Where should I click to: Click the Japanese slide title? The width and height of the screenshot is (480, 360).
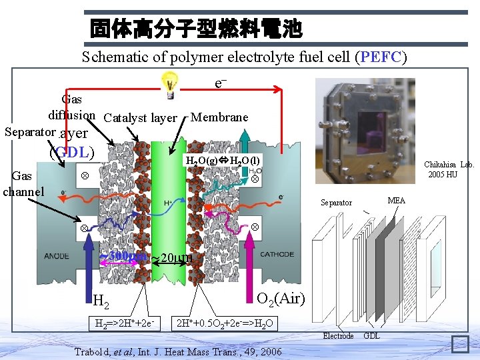pos(196,29)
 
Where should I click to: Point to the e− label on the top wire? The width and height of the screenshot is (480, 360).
pos(221,83)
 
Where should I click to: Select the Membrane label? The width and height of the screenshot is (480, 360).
pos(219,117)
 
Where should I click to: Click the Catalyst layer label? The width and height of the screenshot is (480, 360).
pos(140,118)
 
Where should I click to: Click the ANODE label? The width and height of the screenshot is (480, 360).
pos(57,255)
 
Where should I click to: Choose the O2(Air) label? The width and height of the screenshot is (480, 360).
pos(281,298)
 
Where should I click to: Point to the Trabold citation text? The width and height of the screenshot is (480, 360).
pos(177,351)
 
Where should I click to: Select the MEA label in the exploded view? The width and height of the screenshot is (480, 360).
pos(397,200)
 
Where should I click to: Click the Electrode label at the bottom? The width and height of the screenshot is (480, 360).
pos(338,336)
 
